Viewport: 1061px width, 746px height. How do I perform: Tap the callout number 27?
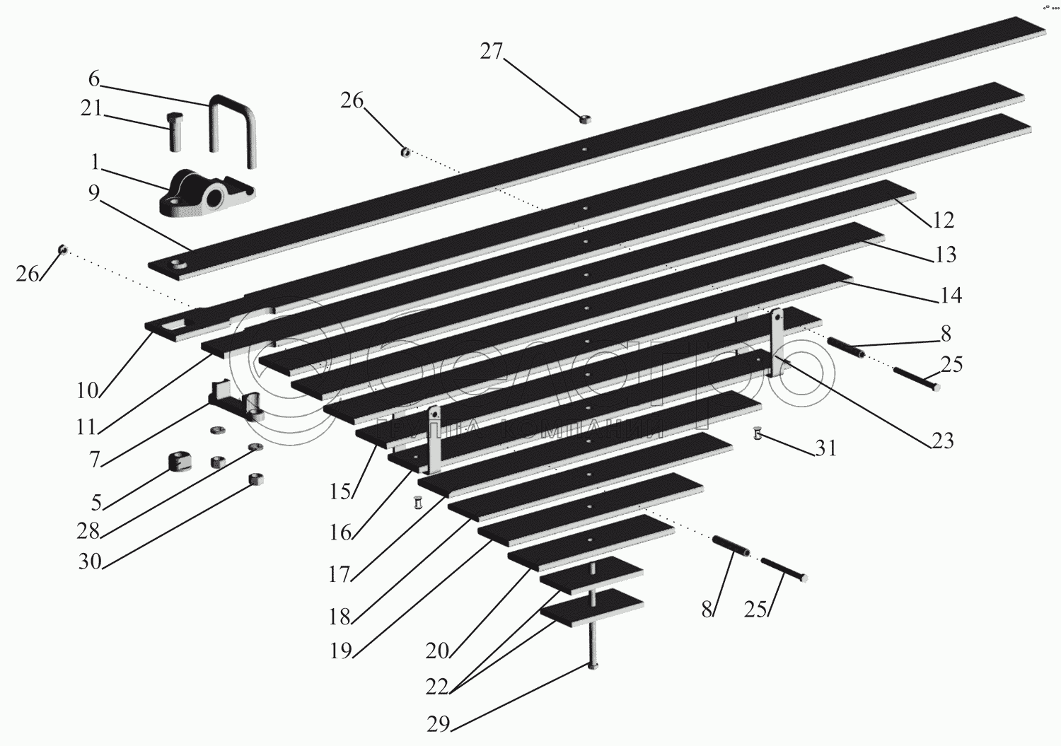[x=491, y=52]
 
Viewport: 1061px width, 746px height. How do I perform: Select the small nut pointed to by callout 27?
[x=584, y=120]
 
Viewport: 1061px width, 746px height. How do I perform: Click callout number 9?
[x=94, y=193]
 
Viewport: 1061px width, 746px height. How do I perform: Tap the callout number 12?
[x=944, y=220]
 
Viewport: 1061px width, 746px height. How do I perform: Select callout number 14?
[x=951, y=295]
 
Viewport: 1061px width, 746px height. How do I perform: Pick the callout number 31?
[x=825, y=448]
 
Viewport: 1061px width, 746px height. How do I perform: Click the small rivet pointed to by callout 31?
[x=758, y=433]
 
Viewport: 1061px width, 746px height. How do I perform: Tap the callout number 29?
[x=439, y=724]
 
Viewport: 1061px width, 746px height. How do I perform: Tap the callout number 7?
[x=95, y=459]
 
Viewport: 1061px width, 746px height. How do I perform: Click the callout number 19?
[x=341, y=650]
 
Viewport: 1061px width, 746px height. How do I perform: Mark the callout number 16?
[x=340, y=532]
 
